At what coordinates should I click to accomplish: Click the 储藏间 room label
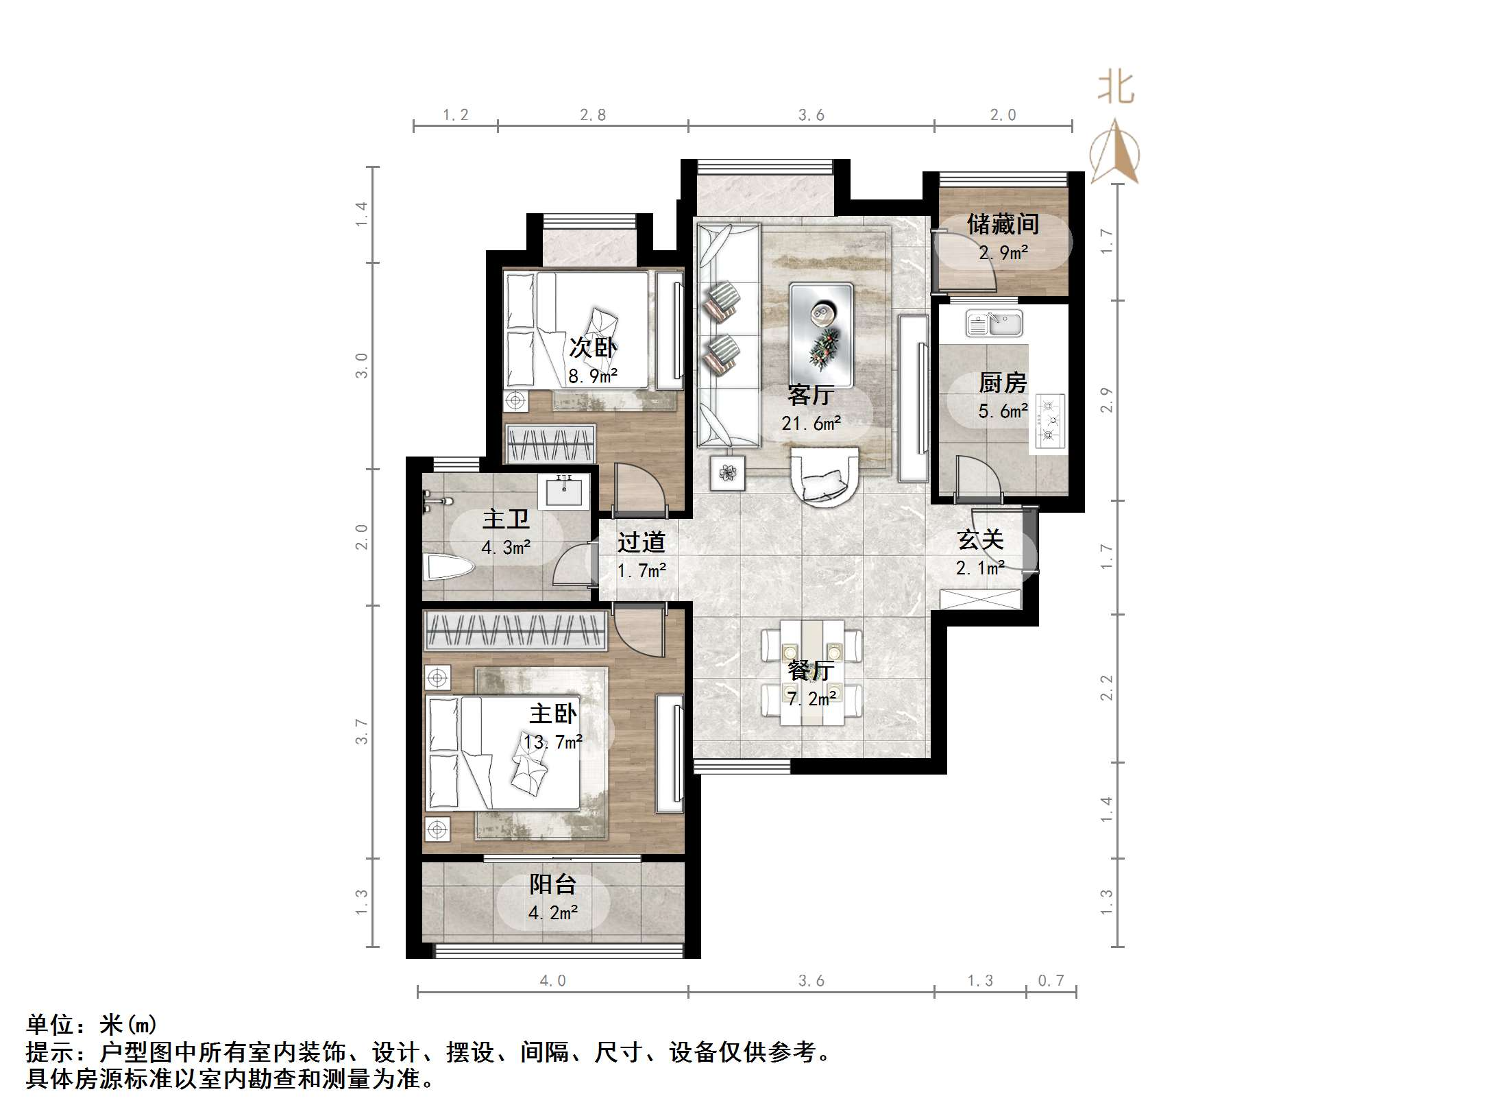(1003, 225)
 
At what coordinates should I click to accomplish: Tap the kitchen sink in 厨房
(994, 323)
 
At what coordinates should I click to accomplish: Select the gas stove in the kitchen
(1049, 422)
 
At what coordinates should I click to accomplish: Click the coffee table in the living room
(821, 335)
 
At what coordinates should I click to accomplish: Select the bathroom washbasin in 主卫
(563, 491)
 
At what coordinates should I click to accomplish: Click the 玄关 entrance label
(980, 541)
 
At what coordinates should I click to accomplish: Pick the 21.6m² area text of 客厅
(811, 424)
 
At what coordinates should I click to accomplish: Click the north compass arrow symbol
(1114, 152)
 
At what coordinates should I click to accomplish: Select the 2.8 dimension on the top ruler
(592, 115)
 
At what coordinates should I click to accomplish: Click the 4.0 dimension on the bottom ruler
(552, 981)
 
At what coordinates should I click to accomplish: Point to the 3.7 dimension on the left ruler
(361, 731)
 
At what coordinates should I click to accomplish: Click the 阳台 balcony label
(552, 885)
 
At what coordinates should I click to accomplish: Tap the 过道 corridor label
(641, 543)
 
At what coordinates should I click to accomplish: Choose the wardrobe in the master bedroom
(515, 631)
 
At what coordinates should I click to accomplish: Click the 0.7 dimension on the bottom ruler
(1051, 981)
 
